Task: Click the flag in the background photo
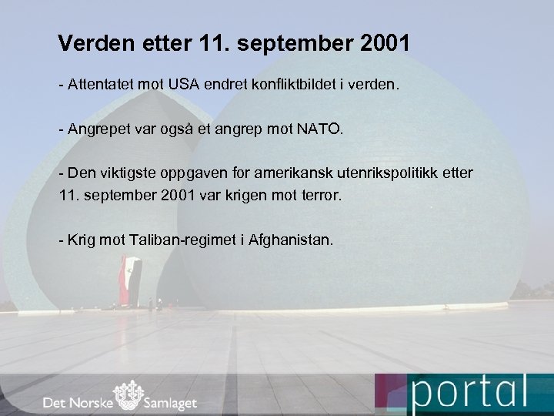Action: pyautogui.click(x=131, y=273)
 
